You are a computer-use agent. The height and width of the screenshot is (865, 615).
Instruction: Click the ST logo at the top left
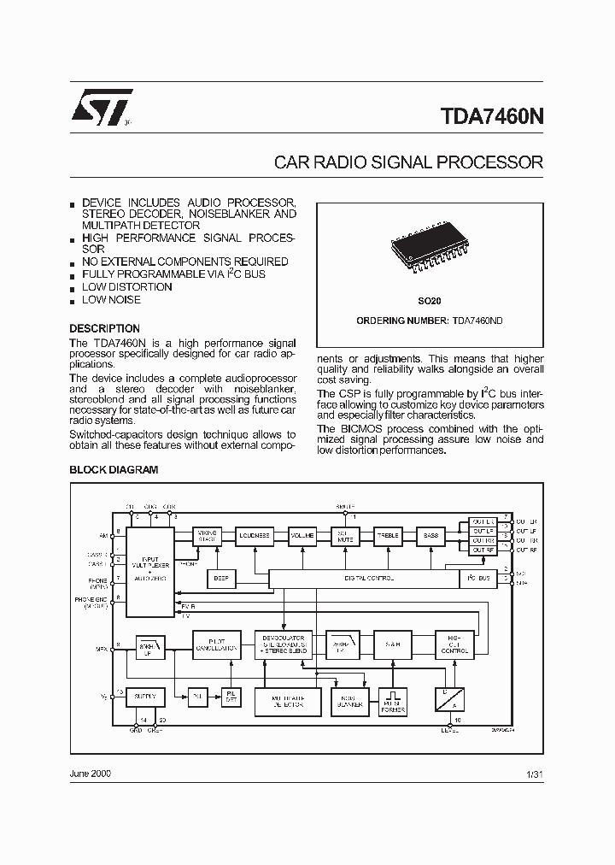coord(102,108)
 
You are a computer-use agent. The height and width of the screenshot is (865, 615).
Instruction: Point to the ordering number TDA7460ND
coord(478,321)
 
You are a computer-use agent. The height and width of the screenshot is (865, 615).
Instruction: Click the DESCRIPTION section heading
coord(104,329)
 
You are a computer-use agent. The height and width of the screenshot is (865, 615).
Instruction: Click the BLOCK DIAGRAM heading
coord(113,469)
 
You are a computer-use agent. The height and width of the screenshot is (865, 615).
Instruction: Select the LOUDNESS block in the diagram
coord(254,536)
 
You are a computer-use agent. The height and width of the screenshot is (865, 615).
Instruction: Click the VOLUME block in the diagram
coord(302,536)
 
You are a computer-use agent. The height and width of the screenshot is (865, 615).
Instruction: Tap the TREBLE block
coord(389,536)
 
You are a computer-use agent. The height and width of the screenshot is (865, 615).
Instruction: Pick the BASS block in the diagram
coord(430,536)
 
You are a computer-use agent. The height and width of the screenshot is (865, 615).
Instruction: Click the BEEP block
coord(220,579)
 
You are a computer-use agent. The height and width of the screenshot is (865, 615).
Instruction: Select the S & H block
coord(392,644)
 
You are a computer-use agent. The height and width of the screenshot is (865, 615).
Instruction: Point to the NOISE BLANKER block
coord(348,701)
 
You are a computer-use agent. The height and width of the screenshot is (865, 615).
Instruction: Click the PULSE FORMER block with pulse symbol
coord(394,701)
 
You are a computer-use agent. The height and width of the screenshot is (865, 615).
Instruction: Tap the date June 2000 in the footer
coord(90,774)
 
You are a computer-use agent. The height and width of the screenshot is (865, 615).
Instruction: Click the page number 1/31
coord(535,774)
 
